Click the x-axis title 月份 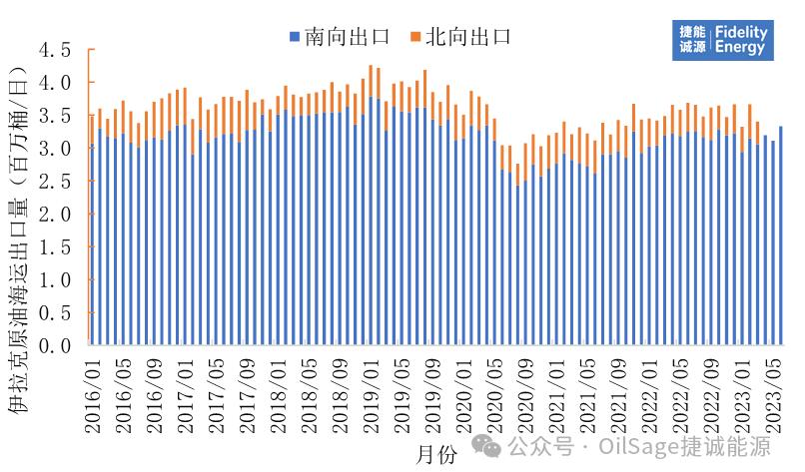[x=435, y=454]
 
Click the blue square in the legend [x=295, y=38]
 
